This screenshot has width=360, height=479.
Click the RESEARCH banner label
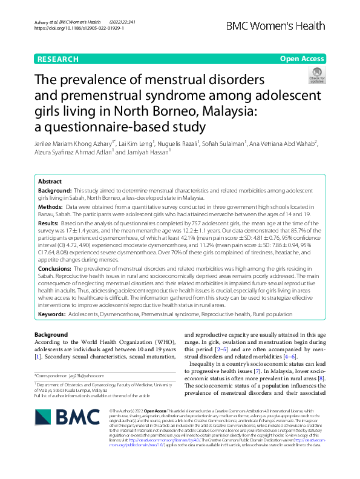click(x=58, y=59)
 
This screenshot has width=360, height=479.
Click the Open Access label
click(x=302, y=59)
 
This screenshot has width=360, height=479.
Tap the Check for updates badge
click(x=316, y=75)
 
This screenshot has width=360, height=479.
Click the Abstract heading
click(x=50, y=181)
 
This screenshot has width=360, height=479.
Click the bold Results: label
click(x=50, y=223)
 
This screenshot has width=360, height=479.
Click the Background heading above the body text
click(x=51, y=335)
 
